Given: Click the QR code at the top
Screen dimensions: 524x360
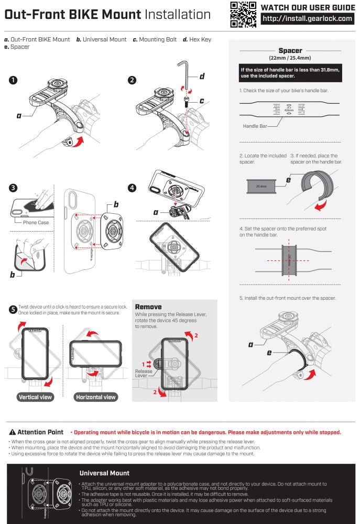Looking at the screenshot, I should coord(243,14).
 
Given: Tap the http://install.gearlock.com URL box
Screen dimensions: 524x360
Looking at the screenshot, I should coord(307,19).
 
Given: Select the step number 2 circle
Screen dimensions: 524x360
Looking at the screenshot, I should coord(132,80).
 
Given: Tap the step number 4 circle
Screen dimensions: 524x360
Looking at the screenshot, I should coord(132,188).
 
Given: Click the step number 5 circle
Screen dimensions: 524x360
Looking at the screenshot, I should coord(13,309).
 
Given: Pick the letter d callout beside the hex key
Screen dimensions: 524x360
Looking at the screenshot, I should coord(202,77).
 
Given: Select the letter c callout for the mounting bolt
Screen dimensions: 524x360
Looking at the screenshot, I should coord(202,100).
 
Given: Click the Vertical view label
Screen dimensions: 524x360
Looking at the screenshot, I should coord(36,397).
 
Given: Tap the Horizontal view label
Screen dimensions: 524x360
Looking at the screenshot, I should coord(96,397).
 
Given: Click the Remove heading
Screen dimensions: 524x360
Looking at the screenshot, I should coord(148,307).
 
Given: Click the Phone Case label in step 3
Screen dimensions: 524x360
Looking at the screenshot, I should coord(35,222).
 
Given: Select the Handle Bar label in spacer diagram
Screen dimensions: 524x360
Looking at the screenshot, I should coord(255,126).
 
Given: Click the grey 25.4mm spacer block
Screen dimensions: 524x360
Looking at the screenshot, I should coord(261,185).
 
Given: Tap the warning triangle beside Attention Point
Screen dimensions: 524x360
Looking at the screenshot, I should coord(13,432).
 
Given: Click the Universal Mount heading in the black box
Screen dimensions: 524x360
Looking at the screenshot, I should coord(104,473).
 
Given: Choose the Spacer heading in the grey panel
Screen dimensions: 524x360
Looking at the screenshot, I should coord(290,51).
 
